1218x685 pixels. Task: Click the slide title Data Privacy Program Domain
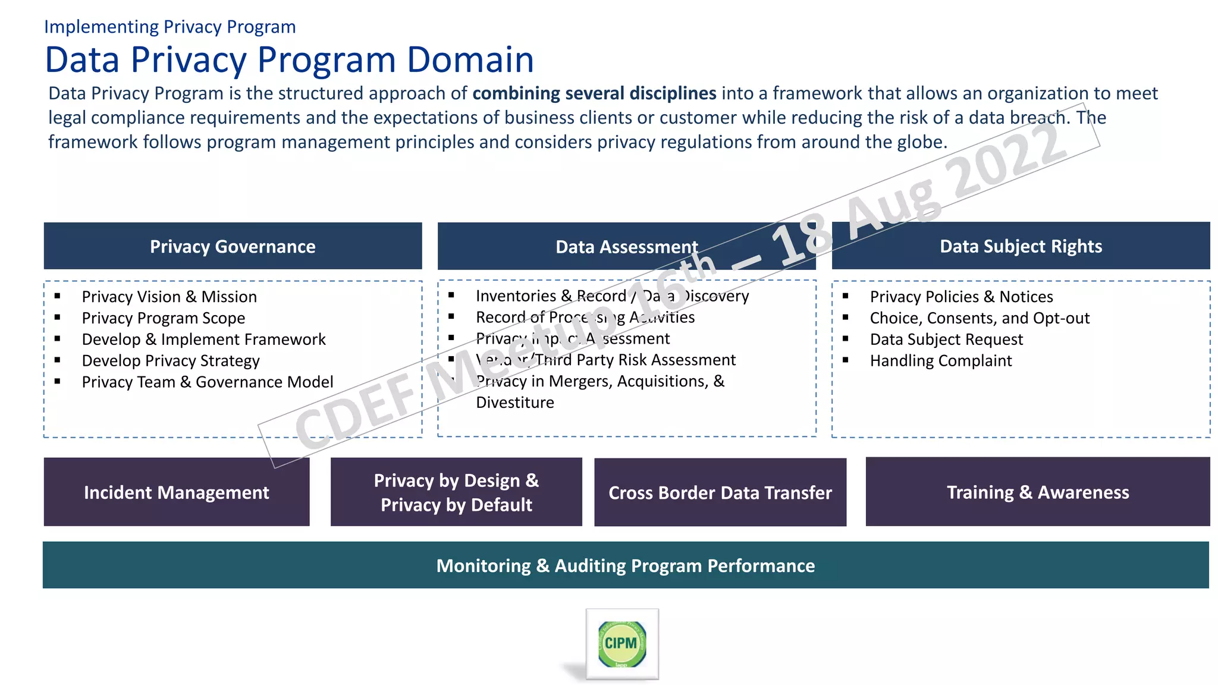(289, 59)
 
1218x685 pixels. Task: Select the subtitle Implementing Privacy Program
(169, 27)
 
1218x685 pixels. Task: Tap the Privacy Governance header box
(233, 246)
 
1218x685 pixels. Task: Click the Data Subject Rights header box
(1021, 246)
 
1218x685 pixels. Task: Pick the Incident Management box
(177, 492)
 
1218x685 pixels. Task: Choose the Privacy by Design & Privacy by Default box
(456, 492)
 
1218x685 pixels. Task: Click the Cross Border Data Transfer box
(720, 492)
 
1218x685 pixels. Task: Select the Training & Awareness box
(1038, 492)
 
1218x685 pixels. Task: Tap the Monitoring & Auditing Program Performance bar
(626, 565)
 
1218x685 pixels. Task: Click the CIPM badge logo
(621, 644)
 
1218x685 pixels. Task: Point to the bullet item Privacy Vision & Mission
(169, 297)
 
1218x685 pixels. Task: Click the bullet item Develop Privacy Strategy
(171, 361)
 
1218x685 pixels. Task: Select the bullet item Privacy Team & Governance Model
(207, 382)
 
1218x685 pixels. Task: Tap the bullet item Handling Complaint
(941, 361)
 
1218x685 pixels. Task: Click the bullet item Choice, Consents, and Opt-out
(980, 318)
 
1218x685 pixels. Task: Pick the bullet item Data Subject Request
(946, 340)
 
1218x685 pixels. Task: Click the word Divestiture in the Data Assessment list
(515, 403)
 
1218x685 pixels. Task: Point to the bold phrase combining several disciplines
(594, 93)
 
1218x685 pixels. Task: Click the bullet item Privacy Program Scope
(163, 318)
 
